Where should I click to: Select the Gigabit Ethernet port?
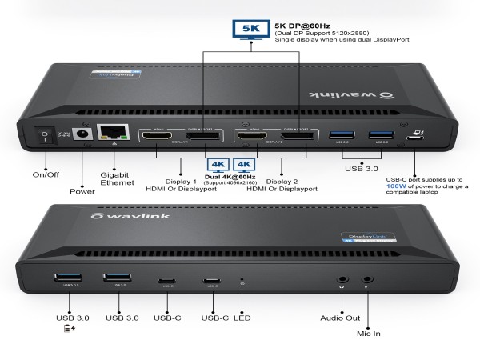coord(109,134)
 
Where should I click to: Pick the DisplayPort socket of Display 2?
coord(297,138)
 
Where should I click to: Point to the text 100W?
coord(397,186)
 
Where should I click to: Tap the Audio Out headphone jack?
coord(342,282)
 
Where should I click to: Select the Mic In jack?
coord(367,282)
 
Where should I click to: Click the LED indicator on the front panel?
coord(242,281)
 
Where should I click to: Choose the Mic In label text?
coord(369,330)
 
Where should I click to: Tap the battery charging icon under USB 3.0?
coord(65,328)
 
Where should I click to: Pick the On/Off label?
coord(46,174)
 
